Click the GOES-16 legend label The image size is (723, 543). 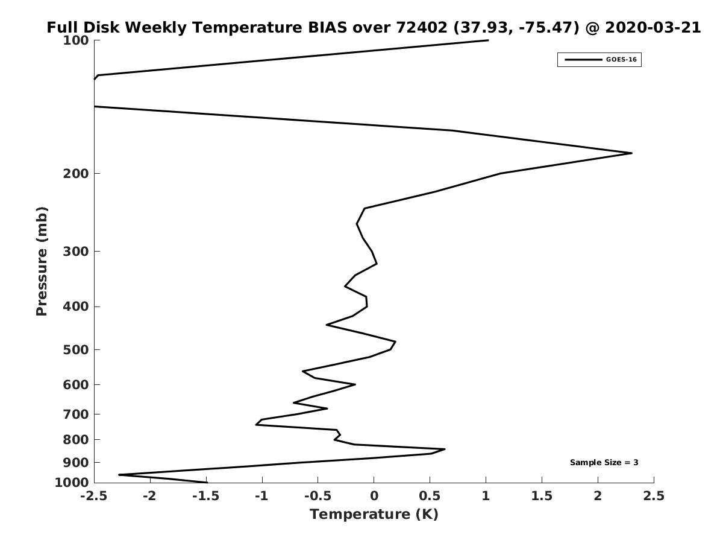[x=621, y=60]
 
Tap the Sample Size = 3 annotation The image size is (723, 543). [x=604, y=463]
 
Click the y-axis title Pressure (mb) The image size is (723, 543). [x=42, y=261]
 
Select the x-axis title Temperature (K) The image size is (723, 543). [x=374, y=514]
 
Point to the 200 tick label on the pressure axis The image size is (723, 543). [x=76, y=173]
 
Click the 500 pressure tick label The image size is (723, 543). [x=76, y=349]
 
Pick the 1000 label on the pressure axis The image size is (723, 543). [x=72, y=483]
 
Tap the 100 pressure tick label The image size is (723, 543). [x=76, y=40]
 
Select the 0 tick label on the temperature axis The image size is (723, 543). [x=374, y=496]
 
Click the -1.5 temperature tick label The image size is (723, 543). [x=206, y=496]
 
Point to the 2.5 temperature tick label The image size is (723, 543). [x=654, y=496]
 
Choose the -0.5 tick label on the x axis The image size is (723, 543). [x=318, y=496]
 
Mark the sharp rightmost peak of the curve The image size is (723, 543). [x=631, y=153]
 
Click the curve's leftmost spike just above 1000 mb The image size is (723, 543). [x=119, y=475]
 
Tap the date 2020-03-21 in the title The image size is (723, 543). [x=653, y=27]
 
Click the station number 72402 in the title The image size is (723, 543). [x=422, y=27]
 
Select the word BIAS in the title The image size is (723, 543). [x=327, y=27]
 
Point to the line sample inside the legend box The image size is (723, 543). [x=583, y=60]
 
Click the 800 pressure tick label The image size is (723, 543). [x=76, y=439]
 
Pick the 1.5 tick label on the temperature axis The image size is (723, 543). [x=542, y=496]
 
